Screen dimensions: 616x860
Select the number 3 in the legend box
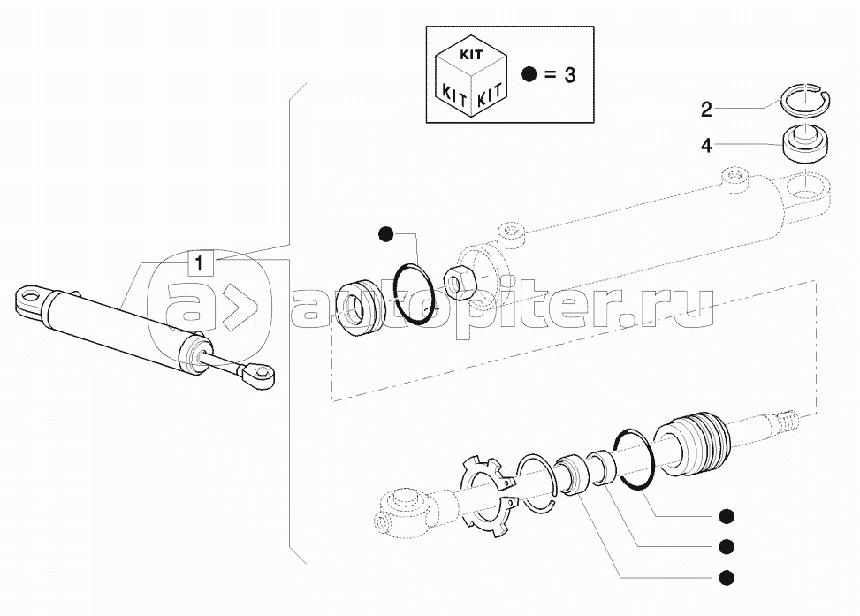569,75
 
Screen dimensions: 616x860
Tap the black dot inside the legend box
529,75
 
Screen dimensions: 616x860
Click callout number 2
707,110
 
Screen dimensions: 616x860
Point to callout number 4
707,145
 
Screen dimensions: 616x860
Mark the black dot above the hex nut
385,234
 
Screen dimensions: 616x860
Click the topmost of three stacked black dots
727,516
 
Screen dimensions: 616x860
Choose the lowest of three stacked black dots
727,577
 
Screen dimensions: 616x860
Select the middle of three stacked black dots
727,546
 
